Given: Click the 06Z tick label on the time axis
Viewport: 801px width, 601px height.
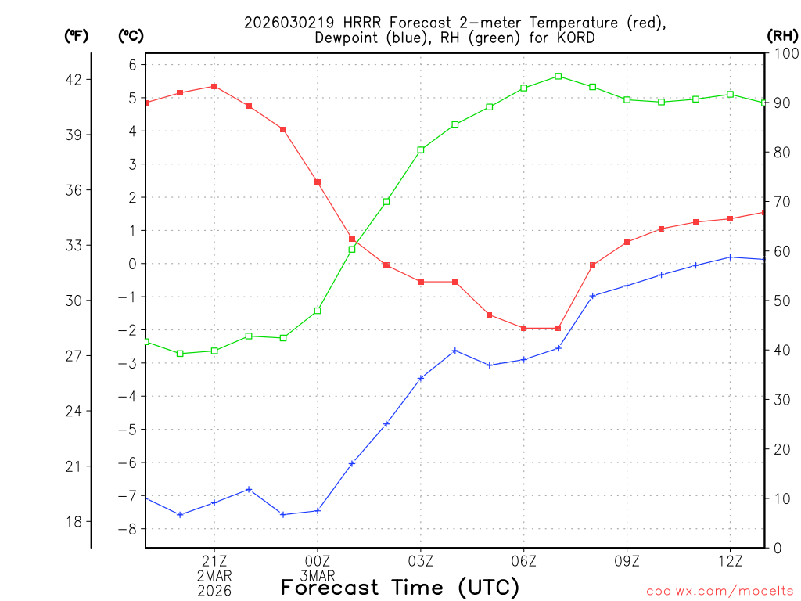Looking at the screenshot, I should tap(523, 560).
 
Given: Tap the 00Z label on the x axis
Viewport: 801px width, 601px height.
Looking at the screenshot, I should tap(318, 560).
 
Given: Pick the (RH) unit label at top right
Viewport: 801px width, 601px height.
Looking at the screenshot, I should tap(781, 35).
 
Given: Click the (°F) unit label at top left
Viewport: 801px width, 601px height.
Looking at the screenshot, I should tap(77, 35).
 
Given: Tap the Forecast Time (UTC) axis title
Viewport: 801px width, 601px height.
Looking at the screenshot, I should tap(400, 587).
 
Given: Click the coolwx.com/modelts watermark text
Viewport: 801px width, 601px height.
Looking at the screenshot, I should tap(720, 591).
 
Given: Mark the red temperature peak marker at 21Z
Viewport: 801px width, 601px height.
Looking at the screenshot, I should tap(214, 86).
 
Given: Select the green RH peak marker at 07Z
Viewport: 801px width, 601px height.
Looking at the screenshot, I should tap(558, 76).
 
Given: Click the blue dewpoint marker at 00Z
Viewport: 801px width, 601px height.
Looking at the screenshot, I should tap(318, 511).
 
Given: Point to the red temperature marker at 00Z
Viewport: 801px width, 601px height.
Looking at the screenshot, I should tap(318, 182).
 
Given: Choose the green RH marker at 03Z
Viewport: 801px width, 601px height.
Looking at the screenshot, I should tap(421, 149).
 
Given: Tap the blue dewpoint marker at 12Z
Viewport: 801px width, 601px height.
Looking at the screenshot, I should tap(730, 257).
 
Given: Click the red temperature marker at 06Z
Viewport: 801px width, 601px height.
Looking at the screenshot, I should tap(523, 328).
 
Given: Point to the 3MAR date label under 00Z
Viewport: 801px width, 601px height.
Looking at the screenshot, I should tap(318, 575).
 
